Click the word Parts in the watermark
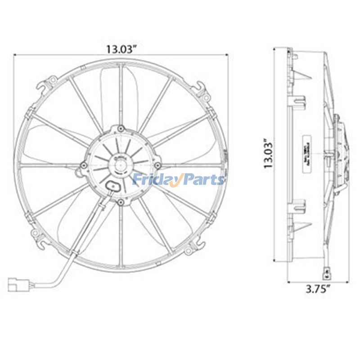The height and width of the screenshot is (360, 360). click(202, 180)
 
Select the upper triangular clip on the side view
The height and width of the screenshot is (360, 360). click(300, 73)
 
